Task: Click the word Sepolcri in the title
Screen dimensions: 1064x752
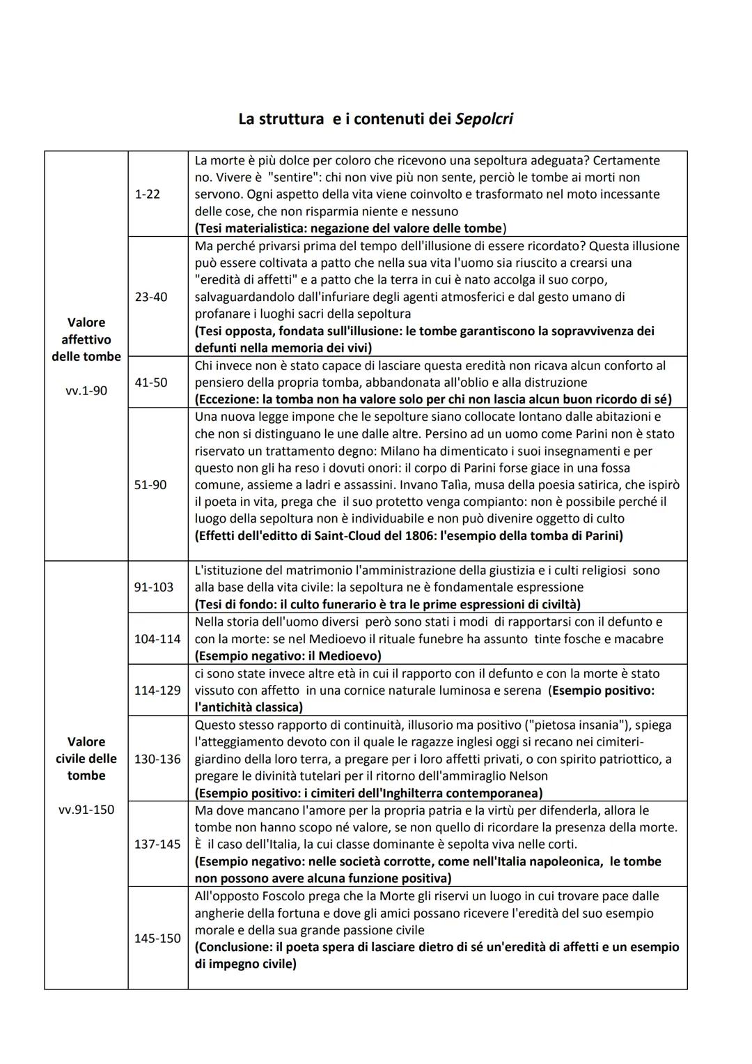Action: tap(484, 119)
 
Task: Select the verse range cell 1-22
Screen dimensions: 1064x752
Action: tap(147, 194)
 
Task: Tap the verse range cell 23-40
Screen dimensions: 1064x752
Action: tap(150, 297)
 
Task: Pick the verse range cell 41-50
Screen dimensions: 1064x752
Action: tap(150, 383)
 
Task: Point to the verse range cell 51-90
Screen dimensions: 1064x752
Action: tap(150, 484)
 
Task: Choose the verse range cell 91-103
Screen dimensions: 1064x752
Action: tap(154, 587)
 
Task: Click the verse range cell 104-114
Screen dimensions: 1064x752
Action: tap(157, 639)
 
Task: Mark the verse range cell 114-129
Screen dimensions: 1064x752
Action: tap(157, 690)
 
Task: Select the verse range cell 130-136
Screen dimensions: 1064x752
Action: tap(157, 759)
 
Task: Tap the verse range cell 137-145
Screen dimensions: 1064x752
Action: tap(157, 845)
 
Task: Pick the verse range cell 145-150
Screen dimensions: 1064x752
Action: tap(157, 938)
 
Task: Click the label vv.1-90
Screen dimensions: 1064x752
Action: tap(86, 390)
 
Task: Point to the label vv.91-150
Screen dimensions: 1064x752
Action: tap(86, 810)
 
